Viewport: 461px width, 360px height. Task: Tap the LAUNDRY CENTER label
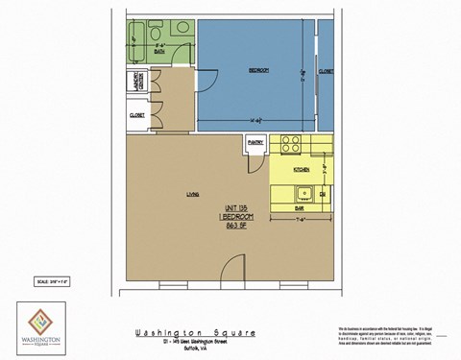tap(135, 84)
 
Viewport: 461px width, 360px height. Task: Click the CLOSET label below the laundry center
tap(136, 115)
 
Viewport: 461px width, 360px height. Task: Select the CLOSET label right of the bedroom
tap(327, 70)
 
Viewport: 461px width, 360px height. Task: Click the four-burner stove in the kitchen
tap(292, 147)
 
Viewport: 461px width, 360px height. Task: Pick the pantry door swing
tap(255, 163)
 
